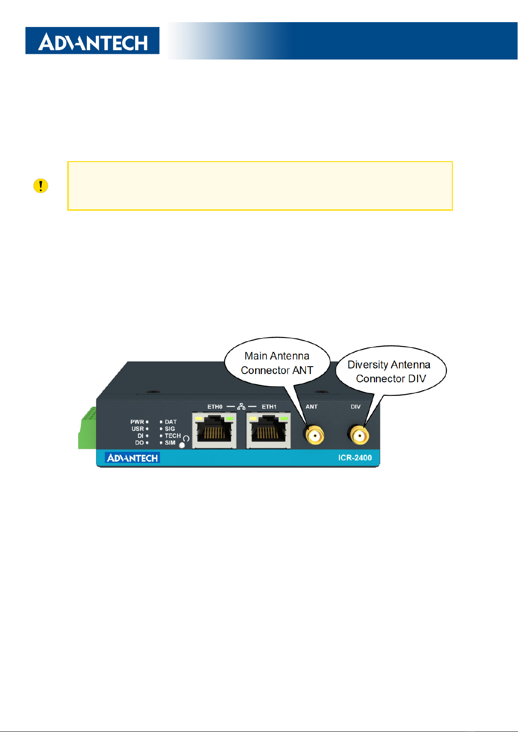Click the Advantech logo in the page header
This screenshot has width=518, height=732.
92,41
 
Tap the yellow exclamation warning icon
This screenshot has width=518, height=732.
40,186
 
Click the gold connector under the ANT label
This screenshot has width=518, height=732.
314,435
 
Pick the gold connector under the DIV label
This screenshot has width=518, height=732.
359,435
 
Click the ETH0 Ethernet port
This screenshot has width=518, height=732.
214,430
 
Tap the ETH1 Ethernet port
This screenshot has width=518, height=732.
268,430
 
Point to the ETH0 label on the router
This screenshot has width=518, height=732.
215,407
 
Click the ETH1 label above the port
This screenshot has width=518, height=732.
269,407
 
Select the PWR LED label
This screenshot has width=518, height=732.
137,422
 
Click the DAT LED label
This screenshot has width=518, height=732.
171,422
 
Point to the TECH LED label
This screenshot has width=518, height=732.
173,436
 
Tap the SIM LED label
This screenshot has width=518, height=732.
170,443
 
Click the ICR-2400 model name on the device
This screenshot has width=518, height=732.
355,458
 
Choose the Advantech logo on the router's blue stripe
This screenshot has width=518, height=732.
132,458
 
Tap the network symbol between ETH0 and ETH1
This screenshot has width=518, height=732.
242,407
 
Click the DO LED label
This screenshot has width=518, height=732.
139,443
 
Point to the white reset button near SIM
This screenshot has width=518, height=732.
182,445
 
